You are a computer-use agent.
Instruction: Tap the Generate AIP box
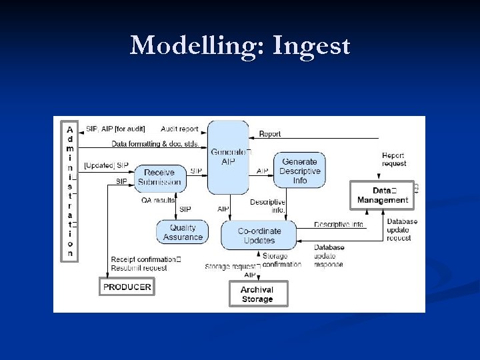click(229, 157)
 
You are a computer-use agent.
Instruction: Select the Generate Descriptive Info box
click(299, 171)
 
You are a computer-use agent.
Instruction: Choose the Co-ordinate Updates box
click(259, 235)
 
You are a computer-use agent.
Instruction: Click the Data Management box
click(382, 195)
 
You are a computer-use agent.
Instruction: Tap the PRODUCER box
click(127, 287)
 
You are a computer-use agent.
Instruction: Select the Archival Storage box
click(257, 294)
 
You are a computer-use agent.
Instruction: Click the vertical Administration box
click(70, 191)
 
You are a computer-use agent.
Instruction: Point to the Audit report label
click(179, 129)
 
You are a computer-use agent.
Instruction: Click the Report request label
click(393, 159)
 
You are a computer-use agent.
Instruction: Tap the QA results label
click(158, 200)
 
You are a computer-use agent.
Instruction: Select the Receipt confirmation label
click(144, 259)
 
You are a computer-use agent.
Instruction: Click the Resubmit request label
click(139, 268)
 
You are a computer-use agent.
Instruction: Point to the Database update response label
click(329, 256)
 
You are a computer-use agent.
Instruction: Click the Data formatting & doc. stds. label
click(155, 143)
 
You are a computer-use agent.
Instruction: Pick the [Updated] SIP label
click(106, 165)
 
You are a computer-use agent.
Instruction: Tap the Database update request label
click(402, 230)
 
